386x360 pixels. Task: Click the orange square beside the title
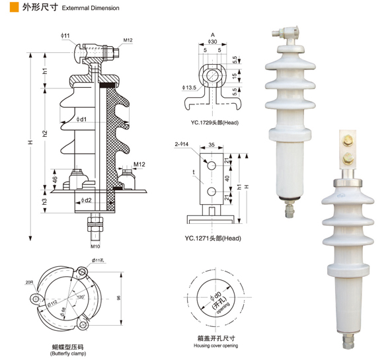tap(14, 7)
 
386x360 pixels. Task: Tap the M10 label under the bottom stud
tap(95, 246)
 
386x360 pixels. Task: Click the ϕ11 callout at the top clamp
tap(65, 36)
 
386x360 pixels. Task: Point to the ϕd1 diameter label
tap(81, 120)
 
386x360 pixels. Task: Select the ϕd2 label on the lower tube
tap(86, 200)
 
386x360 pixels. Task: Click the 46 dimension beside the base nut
tap(55, 180)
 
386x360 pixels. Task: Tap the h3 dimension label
tap(44, 201)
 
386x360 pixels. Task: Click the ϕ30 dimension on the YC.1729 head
tap(212, 42)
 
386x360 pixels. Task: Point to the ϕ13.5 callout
tap(189, 87)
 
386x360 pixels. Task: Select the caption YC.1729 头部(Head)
tap(215, 122)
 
